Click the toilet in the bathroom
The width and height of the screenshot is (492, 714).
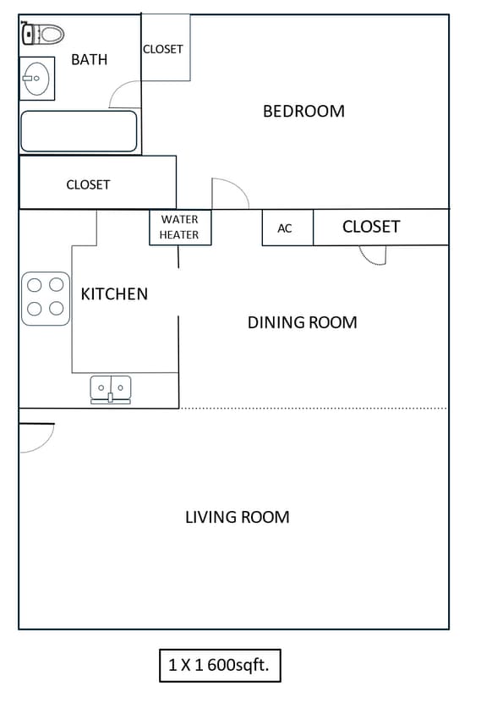44,35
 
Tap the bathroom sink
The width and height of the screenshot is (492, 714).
36,79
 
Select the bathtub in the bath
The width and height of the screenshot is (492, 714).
79,132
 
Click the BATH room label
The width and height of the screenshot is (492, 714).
89,59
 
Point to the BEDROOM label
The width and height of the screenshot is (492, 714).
303,111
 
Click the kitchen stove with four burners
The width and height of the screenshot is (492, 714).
46,298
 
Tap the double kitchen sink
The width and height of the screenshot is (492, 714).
111,388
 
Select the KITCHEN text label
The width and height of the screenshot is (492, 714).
114,294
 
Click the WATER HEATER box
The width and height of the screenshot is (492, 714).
180,227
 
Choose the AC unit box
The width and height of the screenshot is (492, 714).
286,228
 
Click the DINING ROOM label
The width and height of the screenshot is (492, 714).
302,322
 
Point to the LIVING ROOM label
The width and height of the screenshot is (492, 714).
237,517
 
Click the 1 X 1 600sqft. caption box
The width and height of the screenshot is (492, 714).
219,665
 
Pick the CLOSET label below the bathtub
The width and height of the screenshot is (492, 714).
88,184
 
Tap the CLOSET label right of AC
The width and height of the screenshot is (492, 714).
371,227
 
